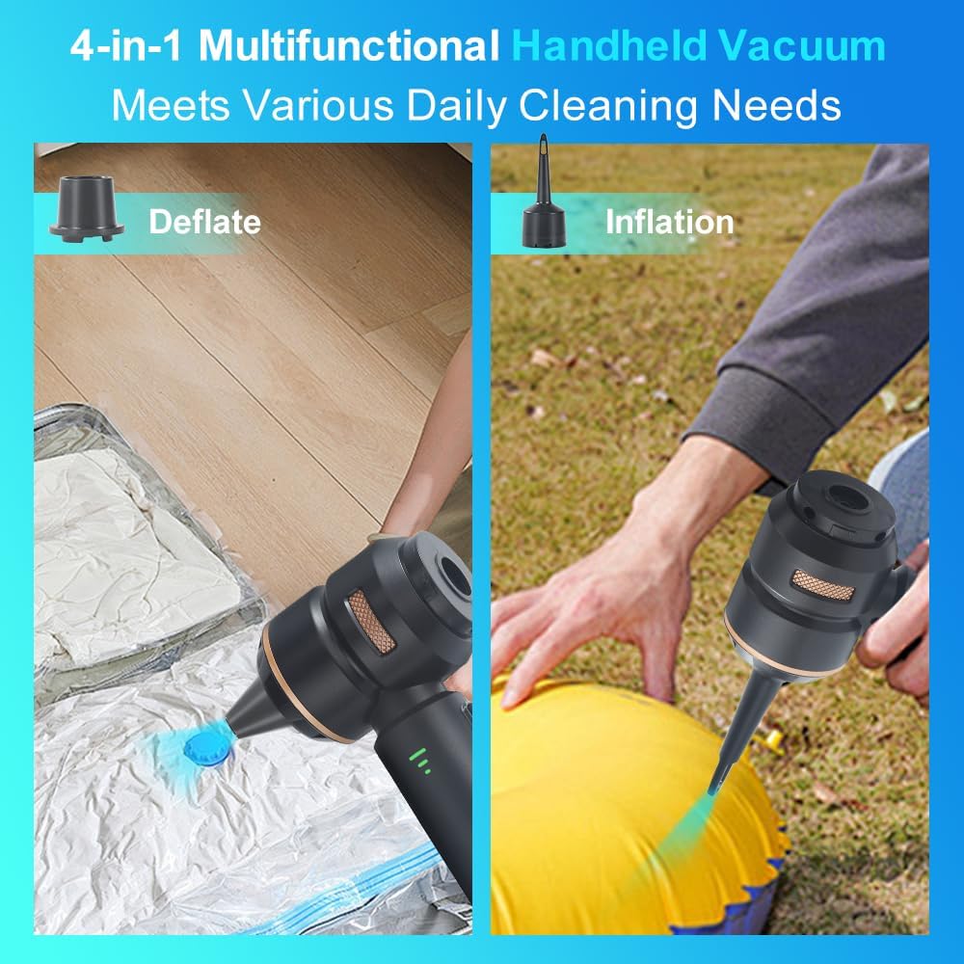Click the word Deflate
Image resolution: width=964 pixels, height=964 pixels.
coord(204,222)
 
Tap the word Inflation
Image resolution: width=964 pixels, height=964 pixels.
coord(669,222)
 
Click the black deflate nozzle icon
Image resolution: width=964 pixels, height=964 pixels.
coord(87,208)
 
